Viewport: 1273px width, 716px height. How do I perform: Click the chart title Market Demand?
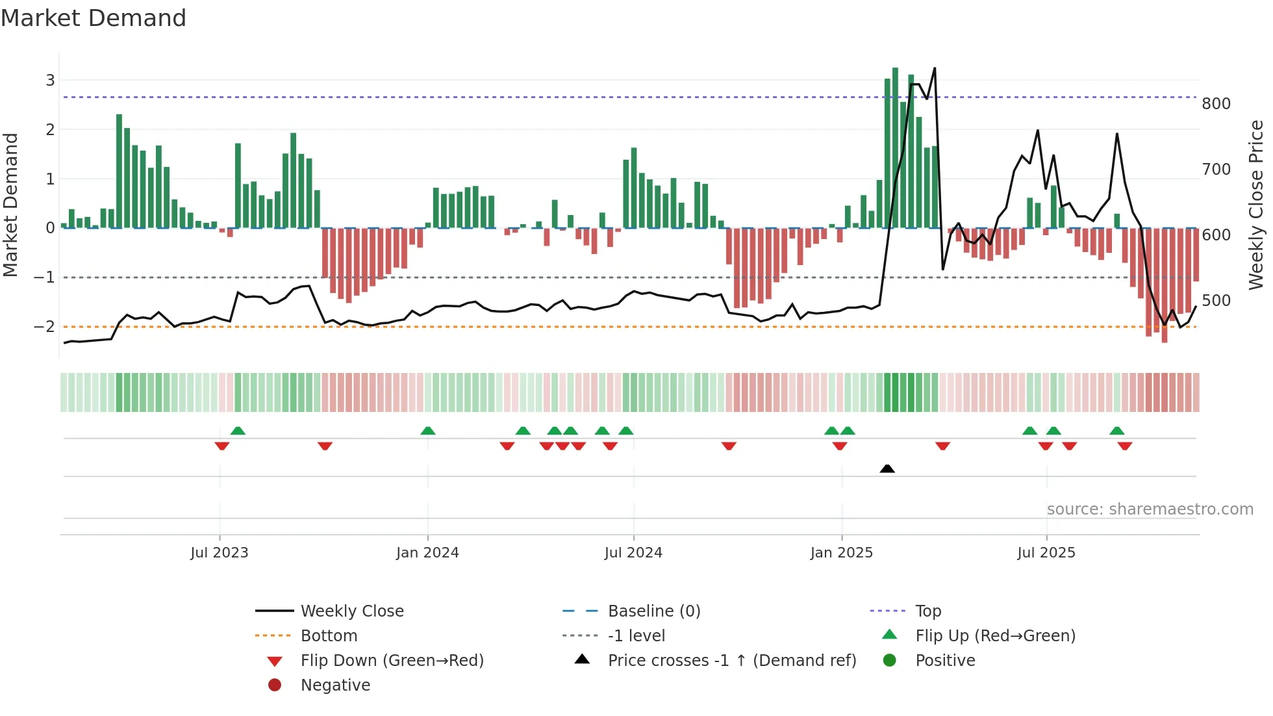click(x=94, y=18)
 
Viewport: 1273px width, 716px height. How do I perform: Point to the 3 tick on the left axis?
click(x=50, y=81)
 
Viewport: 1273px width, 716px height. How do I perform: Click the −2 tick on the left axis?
click(x=45, y=327)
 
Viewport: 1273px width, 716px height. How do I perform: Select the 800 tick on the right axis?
click(x=1216, y=104)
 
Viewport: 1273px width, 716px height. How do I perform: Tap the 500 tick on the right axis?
click(x=1216, y=301)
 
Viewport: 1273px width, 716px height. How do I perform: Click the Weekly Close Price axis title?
click(x=1256, y=205)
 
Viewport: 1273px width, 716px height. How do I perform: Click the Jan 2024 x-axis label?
click(x=427, y=553)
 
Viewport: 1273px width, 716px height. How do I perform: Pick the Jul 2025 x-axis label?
click(x=1046, y=553)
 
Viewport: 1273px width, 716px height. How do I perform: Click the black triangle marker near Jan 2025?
click(x=887, y=468)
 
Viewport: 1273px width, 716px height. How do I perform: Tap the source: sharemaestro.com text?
click(x=1150, y=509)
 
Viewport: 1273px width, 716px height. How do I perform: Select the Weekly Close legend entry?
click(x=351, y=611)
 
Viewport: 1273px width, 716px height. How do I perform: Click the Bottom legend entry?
click(x=329, y=636)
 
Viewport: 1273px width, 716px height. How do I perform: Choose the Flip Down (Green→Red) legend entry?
click(x=392, y=661)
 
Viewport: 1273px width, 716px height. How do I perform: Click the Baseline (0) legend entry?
click(x=653, y=611)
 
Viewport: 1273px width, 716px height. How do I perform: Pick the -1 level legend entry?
click(x=636, y=636)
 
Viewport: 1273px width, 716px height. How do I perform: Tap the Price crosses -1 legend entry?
click(x=731, y=661)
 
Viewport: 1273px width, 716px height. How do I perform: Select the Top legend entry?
click(x=927, y=611)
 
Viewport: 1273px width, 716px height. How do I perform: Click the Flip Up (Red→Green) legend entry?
click(x=995, y=636)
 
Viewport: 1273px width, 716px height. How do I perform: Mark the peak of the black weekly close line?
click(x=935, y=68)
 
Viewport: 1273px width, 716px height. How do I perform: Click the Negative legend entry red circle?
click(x=275, y=685)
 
